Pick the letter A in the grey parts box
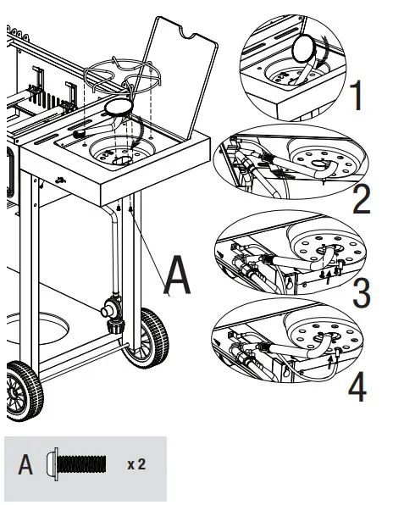[x=26, y=465]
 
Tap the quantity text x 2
[x=136, y=465]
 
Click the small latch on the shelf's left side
[x=58, y=179]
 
